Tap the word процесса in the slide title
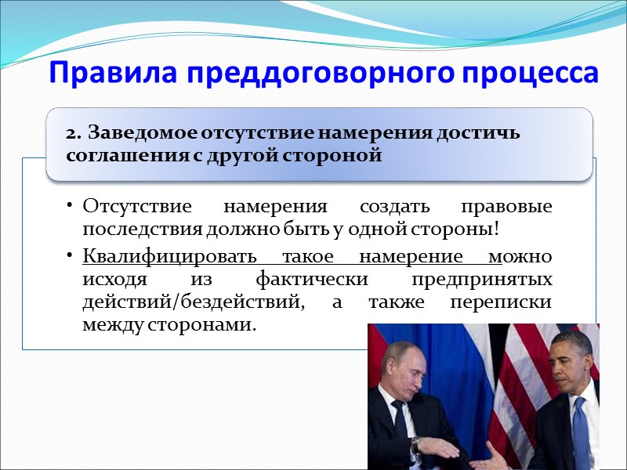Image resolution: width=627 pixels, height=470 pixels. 534,74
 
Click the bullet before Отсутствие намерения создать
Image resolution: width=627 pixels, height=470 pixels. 70,208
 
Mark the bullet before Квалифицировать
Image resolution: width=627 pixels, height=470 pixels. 70,257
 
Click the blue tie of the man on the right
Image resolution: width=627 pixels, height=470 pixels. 579,431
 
